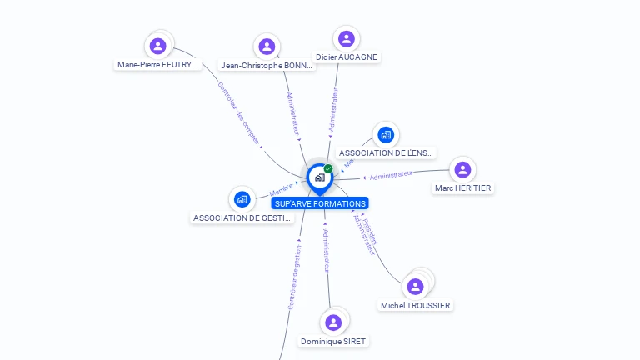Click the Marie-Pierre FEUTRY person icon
pos(158,46)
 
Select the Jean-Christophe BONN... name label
pos(267,65)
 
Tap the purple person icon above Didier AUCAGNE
pos(347,38)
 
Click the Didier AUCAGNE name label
pos(347,57)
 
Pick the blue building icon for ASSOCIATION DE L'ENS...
pos(385,134)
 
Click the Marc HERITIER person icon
pos(462,169)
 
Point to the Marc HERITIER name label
pos(462,188)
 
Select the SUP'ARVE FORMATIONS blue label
pos(320,203)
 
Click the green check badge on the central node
pos(328,168)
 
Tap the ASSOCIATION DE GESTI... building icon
pos(242,199)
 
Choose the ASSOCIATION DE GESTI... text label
pos(242,218)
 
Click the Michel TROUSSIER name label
pos(415,306)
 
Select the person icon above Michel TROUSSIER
pos(415,287)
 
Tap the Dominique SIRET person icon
pos(333,322)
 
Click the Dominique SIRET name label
pos(333,342)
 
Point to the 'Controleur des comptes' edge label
pos(238,113)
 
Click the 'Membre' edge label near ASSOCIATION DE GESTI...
pos(282,189)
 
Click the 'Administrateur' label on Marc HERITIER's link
pos(391,175)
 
